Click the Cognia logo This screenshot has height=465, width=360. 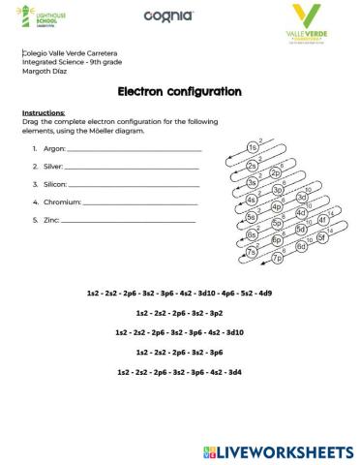coord(168,15)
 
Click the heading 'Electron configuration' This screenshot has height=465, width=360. coord(179,92)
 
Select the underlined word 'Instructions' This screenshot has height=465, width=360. coord(43,112)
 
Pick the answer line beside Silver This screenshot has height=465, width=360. coord(132,168)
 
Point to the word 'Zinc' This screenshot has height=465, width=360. coord(51,220)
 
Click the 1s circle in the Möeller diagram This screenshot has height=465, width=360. coord(253,148)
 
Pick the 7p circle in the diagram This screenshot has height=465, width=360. coord(278,258)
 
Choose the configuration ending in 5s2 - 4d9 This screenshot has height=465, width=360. coord(179,293)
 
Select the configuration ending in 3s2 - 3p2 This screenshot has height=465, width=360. coord(180,313)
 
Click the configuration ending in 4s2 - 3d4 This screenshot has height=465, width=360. coord(179,372)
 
